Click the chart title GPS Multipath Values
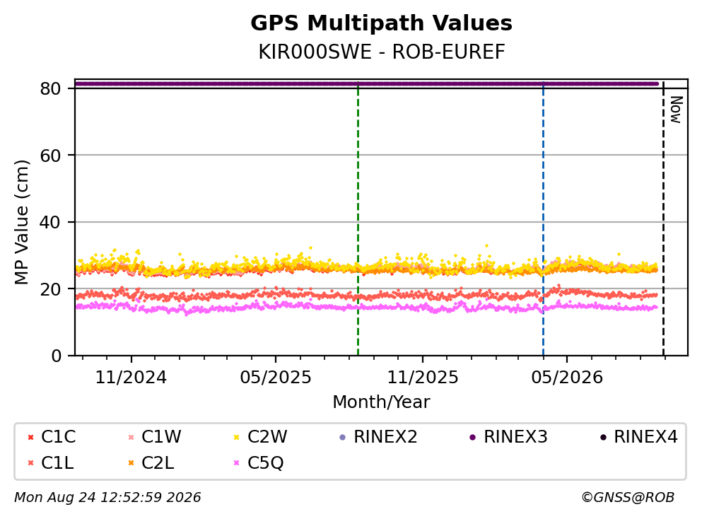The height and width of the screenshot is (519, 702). [381, 23]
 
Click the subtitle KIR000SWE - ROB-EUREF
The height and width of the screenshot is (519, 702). [382, 52]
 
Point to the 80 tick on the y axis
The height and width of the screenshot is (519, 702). [50, 88]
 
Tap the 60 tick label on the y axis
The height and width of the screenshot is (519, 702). [50, 156]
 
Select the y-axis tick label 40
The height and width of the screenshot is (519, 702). [50, 222]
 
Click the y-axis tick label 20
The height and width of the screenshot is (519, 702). [50, 289]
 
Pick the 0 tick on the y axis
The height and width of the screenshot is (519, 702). [56, 356]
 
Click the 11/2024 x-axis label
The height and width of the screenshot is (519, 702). [131, 378]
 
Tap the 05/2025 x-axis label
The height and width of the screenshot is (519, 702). [275, 378]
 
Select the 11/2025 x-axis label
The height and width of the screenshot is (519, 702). [423, 378]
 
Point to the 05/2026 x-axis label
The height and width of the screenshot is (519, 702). [567, 378]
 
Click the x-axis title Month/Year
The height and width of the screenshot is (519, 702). [381, 402]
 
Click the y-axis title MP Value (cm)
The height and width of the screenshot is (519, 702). [21, 222]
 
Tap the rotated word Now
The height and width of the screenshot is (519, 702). [676, 110]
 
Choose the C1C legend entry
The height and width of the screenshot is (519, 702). [52, 436]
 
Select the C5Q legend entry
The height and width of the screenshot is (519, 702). [259, 462]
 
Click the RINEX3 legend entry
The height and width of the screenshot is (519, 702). [508, 436]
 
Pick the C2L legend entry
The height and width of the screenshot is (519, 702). [151, 462]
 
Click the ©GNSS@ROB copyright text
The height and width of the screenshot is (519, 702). [628, 498]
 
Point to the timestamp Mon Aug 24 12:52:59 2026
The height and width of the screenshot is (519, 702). [107, 498]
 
